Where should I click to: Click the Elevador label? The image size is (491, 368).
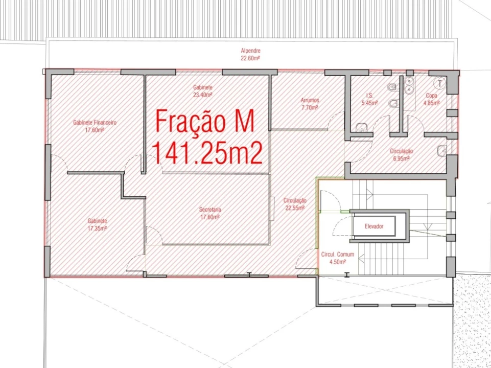373,226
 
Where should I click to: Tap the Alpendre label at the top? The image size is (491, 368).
250,51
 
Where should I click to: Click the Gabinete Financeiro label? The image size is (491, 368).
95,123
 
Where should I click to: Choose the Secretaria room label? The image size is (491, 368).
210,210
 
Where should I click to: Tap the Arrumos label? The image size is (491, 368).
310,100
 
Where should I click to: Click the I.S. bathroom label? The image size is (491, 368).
370,96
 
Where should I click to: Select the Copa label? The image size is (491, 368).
432,96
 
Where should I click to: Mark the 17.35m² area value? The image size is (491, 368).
98,228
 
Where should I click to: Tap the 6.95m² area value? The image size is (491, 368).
401,158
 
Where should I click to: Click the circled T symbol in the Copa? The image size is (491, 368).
440,83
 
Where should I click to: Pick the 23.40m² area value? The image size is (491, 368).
203,95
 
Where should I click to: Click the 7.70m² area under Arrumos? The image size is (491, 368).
310,107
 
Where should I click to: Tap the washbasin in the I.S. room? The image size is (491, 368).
362,127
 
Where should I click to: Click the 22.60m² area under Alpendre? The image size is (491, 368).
250,58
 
